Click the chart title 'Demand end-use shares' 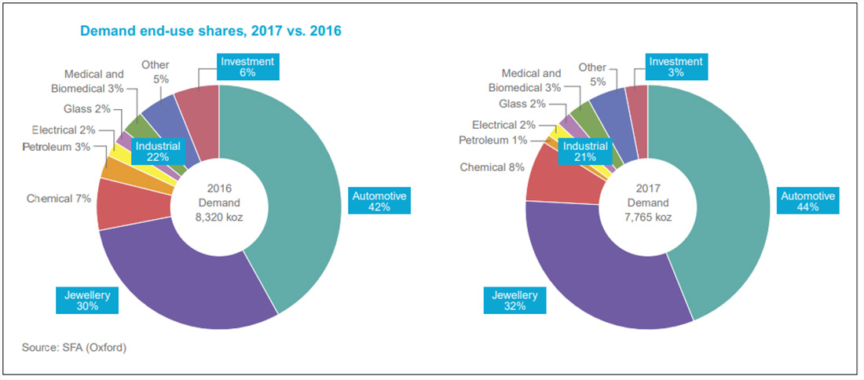point(211,31)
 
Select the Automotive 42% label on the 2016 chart point(380,202)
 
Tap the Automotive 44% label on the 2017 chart point(807,202)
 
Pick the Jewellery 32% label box point(515,301)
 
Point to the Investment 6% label point(247,67)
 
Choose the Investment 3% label point(675,67)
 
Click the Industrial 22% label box point(158,152)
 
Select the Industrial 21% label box point(584,152)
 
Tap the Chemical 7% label point(58,199)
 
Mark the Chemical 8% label point(492,167)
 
